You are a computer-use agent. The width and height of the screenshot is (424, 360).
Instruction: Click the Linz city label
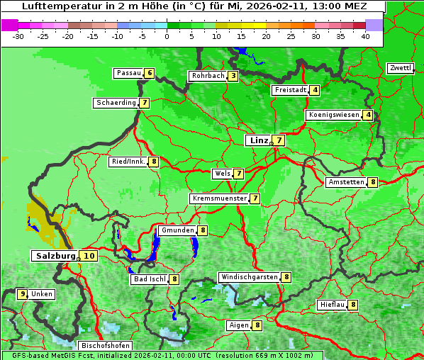click(259, 140)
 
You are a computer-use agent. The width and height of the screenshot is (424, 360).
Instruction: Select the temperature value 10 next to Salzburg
click(89, 256)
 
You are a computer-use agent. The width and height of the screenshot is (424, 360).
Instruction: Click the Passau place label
click(128, 73)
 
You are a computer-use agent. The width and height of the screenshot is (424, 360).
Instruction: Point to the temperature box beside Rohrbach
click(233, 76)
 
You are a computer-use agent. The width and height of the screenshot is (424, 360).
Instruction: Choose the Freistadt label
click(290, 90)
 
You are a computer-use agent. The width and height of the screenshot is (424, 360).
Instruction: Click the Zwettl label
click(400, 68)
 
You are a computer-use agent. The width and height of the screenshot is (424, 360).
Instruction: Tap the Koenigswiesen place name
click(334, 115)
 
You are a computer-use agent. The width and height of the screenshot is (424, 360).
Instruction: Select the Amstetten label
click(346, 182)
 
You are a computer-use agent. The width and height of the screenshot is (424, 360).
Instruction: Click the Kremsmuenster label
click(219, 198)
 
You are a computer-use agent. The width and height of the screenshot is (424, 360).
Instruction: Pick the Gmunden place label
click(177, 230)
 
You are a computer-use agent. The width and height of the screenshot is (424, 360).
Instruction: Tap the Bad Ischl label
click(149, 279)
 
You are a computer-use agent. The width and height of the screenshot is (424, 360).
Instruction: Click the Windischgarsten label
click(249, 277)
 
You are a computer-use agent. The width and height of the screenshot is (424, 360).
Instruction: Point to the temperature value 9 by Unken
click(23, 293)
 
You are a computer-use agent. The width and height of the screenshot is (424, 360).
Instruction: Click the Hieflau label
click(332, 305)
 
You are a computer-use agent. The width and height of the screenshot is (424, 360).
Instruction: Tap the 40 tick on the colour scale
click(365, 35)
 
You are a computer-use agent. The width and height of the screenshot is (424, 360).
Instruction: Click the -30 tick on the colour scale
click(18, 35)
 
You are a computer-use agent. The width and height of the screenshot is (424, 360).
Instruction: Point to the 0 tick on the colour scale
click(167, 35)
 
